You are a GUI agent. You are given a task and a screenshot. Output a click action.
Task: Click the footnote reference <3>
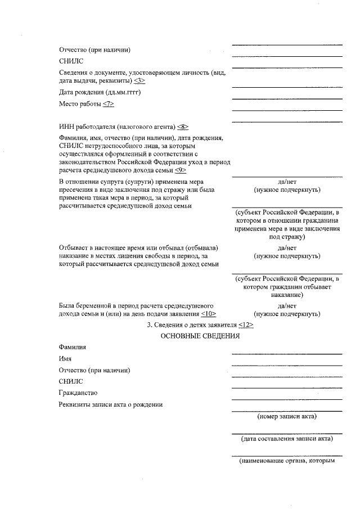[x=139, y=80]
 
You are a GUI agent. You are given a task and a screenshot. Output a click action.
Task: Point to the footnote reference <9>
[x=180, y=170]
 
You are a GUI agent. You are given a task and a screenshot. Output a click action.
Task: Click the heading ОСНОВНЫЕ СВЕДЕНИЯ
[x=200, y=336]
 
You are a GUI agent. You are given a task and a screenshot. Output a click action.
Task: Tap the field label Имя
[x=65, y=358]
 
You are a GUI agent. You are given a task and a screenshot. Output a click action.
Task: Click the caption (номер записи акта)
[x=287, y=416]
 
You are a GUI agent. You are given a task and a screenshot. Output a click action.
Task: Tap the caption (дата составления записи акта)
[x=287, y=438]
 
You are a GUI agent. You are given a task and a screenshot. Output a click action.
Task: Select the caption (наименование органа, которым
[x=287, y=461]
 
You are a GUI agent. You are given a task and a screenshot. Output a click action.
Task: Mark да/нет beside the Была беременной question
[x=287, y=305]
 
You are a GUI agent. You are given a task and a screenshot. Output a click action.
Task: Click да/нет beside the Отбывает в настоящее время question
[x=287, y=247]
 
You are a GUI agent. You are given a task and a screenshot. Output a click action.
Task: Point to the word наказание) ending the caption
[x=287, y=294]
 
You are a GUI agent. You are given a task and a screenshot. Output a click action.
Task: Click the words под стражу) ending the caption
[x=287, y=237]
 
